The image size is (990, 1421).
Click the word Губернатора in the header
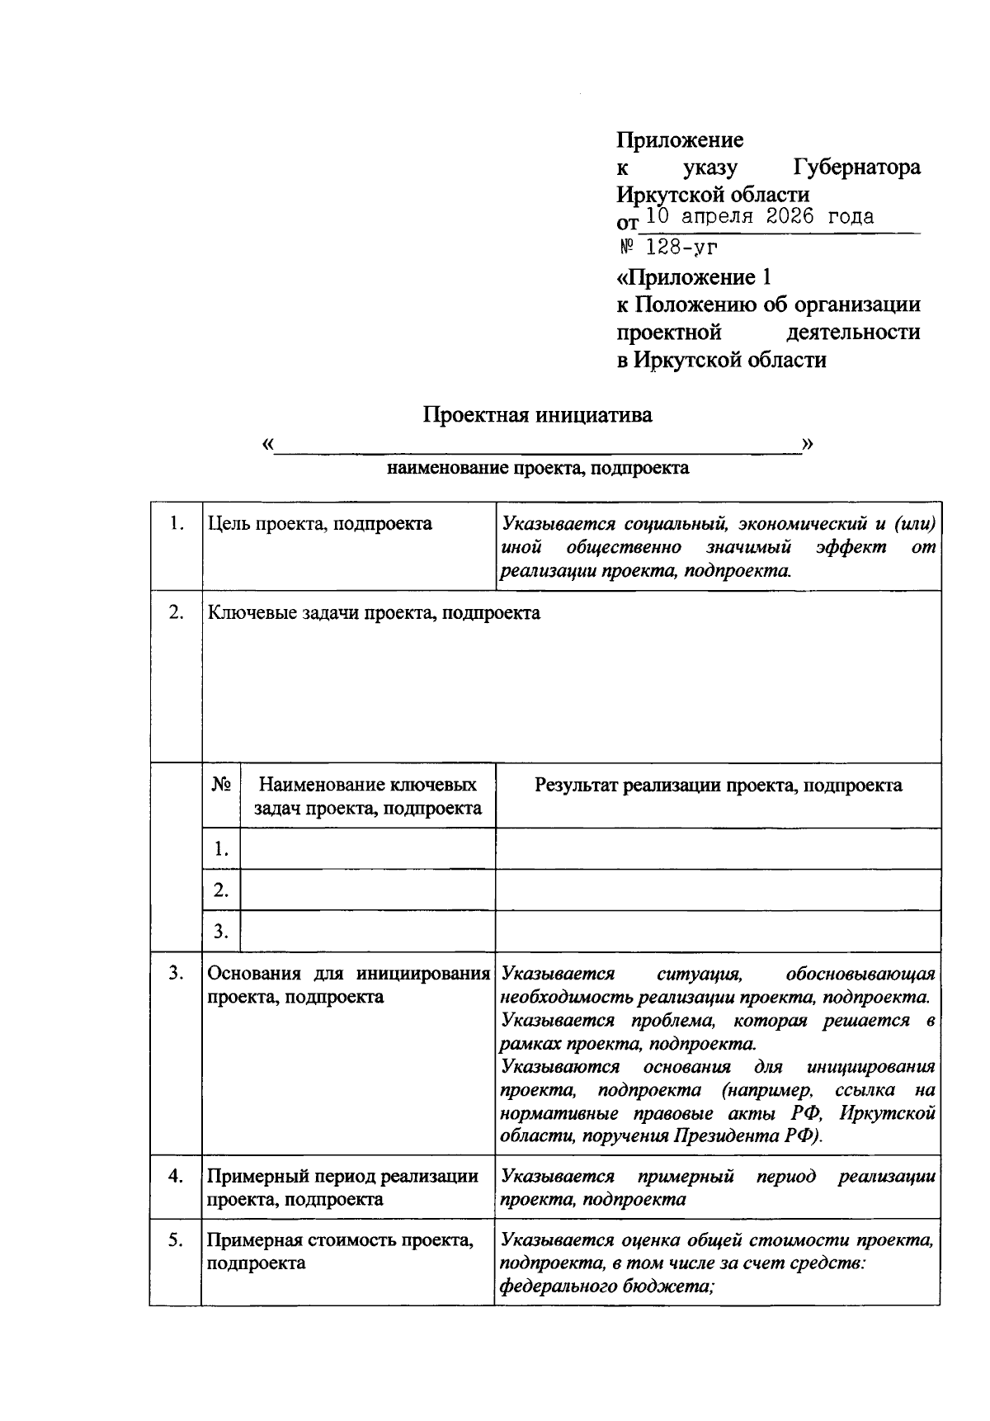(x=856, y=168)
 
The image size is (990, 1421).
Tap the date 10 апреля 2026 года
(x=759, y=217)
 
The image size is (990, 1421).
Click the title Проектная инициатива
(x=537, y=414)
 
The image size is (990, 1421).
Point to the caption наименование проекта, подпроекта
(x=538, y=469)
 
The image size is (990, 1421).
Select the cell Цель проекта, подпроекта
(x=319, y=524)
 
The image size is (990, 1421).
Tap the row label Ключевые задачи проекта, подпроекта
(x=374, y=613)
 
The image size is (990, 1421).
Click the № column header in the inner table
(x=220, y=785)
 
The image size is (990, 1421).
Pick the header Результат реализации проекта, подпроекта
(x=718, y=785)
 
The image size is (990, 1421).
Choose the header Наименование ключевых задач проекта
(x=367, y=796)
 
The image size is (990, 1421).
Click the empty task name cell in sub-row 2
(x=367, y=890)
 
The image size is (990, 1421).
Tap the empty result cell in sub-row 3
(x=718, y=932)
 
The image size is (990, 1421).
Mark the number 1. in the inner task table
(x=220, y=849)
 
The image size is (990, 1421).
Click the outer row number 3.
(x=175, y=974)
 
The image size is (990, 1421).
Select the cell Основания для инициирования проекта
(x=347, y=985)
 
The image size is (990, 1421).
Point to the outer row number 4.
(x=175, y=1177)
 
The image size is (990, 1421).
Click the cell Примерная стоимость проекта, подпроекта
(x=340, y=1252)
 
